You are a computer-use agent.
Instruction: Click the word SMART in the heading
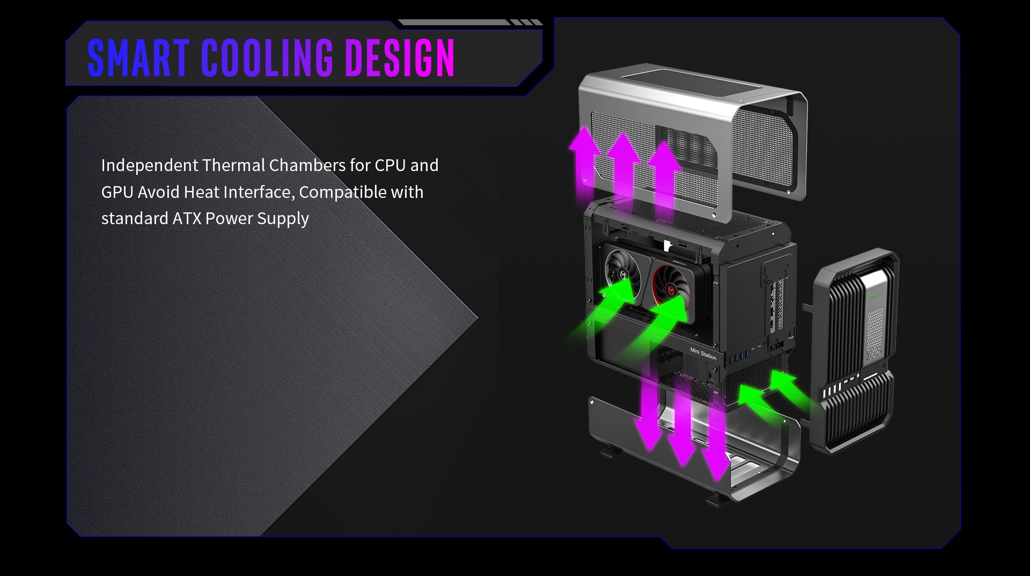point(138,58)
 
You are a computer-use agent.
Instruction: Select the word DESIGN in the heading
point(400,58)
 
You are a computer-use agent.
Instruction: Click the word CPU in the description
point(390,165)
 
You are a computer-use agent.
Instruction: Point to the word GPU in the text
point(117,192)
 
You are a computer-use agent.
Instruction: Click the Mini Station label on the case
point(703,354)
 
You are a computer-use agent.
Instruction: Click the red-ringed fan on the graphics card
point(671,278)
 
